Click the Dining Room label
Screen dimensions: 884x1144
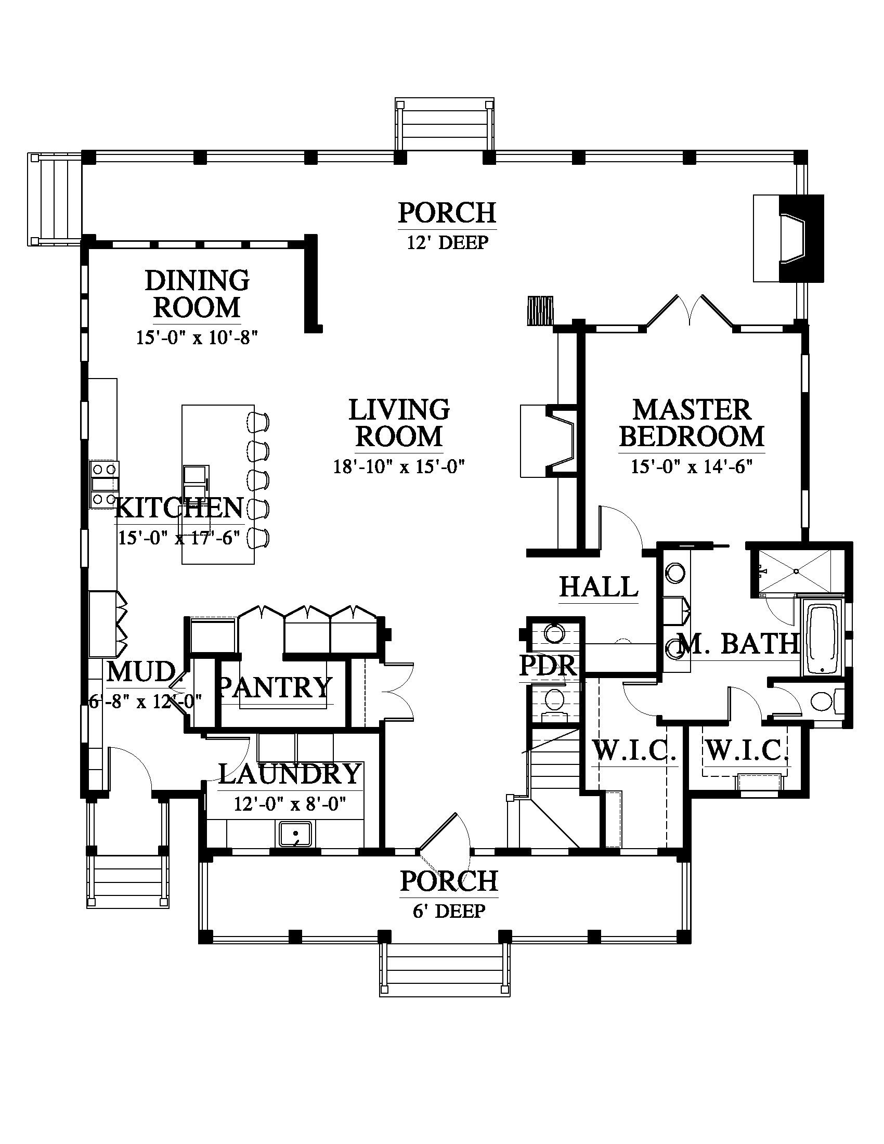(197, 294)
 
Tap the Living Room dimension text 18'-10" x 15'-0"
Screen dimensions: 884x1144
(399, 466)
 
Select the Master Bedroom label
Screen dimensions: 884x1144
(692, 424)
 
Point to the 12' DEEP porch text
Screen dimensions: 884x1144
(448, 242)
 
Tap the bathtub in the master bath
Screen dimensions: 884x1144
(821, 639)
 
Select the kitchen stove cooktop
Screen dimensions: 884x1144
(103, 485)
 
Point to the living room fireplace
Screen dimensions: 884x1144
(548, 441)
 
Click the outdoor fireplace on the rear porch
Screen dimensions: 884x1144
(788, 238)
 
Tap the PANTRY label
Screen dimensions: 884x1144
(275, 687)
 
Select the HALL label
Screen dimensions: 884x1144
(599, 587)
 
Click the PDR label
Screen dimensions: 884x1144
(548, 666)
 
